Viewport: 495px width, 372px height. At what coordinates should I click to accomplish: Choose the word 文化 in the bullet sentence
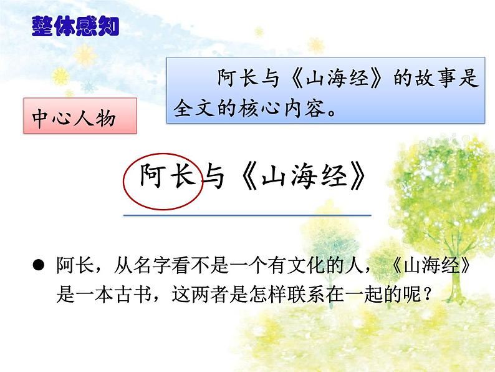(x=296, y=267)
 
